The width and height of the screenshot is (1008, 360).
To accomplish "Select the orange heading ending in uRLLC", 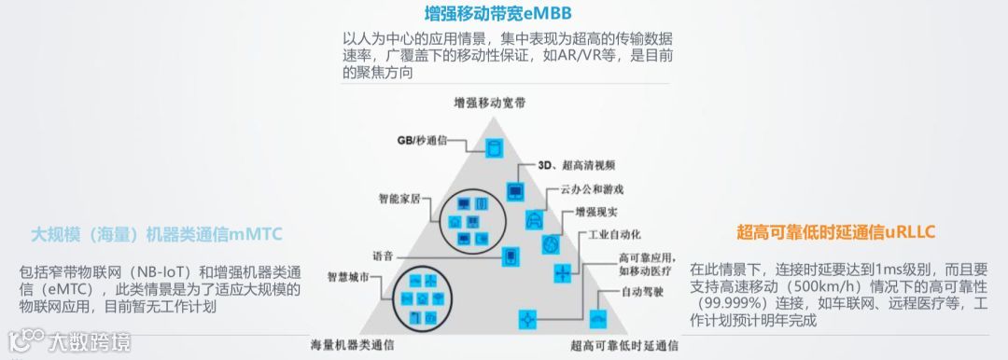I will tap(835, 231).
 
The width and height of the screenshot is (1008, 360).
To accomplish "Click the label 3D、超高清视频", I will tap(576, 166).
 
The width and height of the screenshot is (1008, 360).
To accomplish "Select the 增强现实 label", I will tap(595, 212).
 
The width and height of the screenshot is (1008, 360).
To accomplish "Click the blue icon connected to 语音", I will tap(510, 256).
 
